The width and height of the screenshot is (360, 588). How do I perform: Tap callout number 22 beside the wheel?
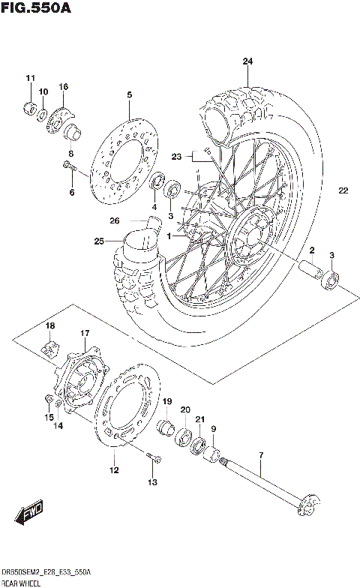pyautogui.click(x=343, y=190)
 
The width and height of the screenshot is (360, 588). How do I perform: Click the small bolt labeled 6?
pyautogui.click(x=69, y=166)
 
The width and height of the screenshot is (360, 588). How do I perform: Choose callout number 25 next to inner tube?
pyautogui.click(x=99, y=241)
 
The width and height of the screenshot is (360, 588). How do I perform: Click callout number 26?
pyautogui.click(x=114, y=220)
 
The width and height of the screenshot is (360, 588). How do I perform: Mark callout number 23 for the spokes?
pyautogui.click(x=176, y=157)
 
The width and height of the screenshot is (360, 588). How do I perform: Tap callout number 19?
pyautogui.click(x=167, y=402)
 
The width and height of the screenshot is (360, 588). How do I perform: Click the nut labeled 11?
pyautogui.click(x=31, y=107)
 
